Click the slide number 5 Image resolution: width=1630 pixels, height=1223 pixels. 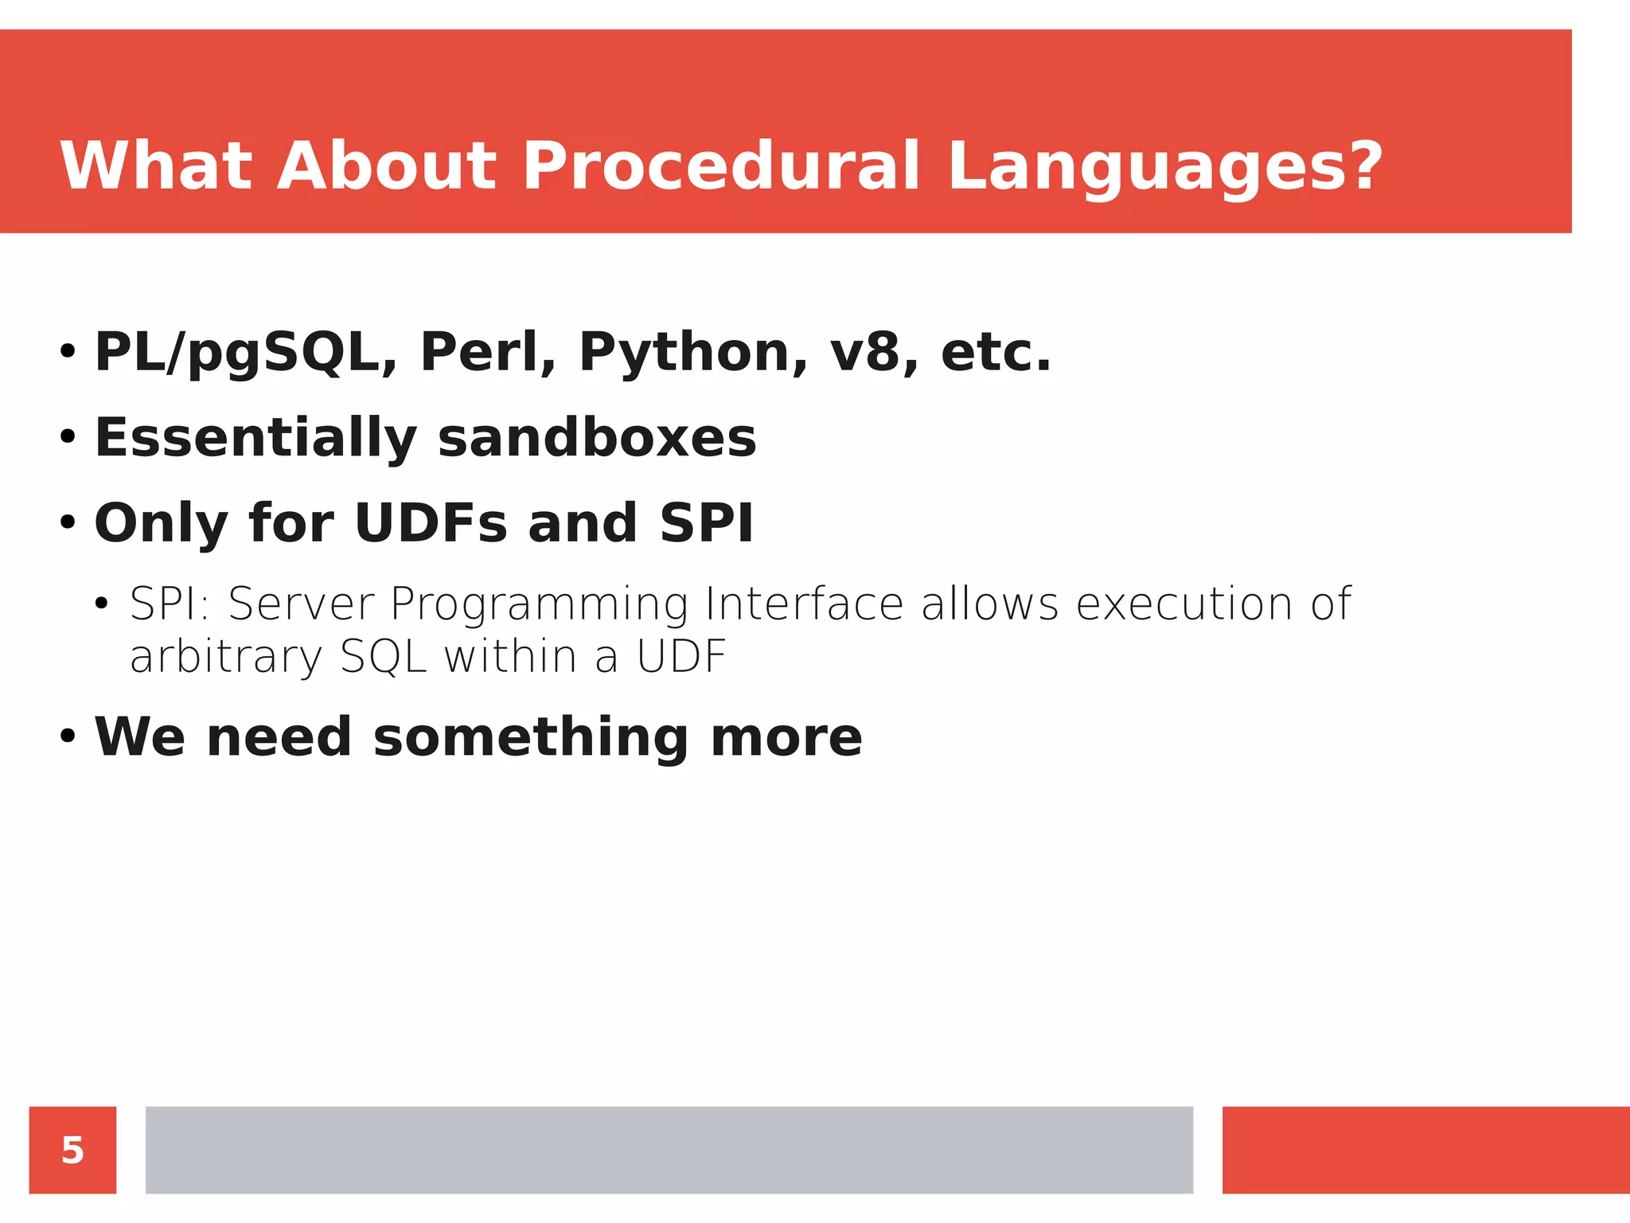coord(72,1150)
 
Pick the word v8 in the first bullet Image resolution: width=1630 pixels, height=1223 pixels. coord(873,352)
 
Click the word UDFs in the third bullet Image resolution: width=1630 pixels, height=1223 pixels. coord(431,523)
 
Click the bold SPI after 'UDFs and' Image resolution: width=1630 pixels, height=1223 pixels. coord(706,523)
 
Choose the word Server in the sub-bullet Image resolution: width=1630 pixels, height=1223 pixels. coord(301,604)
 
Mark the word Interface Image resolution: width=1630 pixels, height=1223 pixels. coord(804,604)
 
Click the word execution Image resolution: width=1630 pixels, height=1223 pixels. coord(1184,604)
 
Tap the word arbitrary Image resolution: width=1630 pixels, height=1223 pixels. coord(225,657)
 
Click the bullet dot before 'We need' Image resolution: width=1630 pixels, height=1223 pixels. coord(68,737)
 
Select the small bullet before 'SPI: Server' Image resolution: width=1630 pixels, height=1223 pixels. coord(100,604)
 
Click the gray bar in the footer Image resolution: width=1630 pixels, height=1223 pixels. coord(669,1150)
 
